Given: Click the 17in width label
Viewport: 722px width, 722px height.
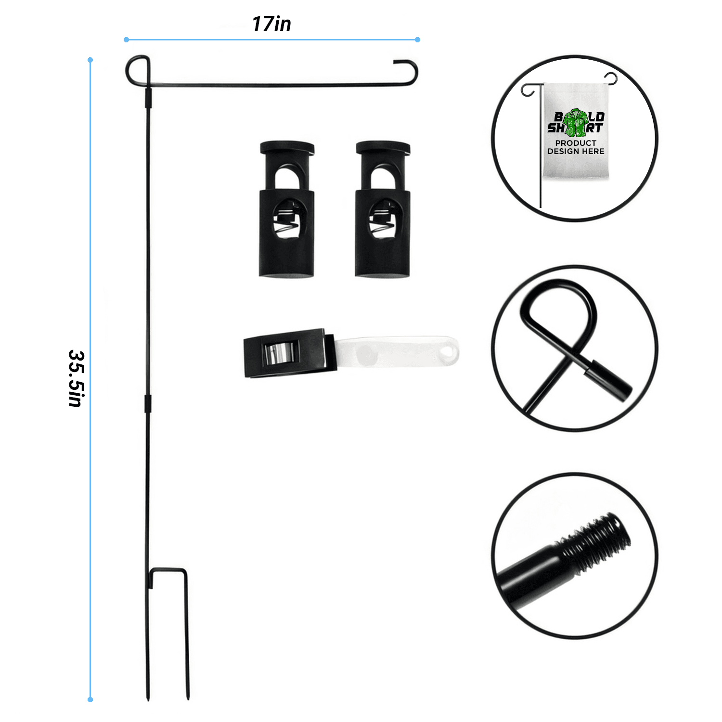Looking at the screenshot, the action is (x=271, y=24).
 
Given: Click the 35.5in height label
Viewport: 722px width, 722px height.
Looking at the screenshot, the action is (x=77, y=378).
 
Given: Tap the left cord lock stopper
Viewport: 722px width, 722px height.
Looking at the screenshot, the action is (x=287, y=209).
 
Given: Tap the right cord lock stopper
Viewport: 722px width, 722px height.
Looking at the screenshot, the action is (x=383, y=209).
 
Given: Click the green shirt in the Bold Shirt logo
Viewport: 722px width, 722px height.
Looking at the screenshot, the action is (x=575, y=123).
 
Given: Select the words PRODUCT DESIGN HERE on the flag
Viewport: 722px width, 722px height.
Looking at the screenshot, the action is (x=576, y=147).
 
